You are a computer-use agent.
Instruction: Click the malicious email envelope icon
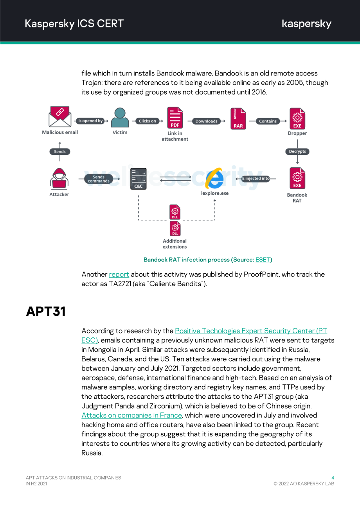(x=60, y=116)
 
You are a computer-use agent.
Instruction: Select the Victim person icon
(x=120, y=118)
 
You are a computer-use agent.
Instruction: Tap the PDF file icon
(x=175, y=118)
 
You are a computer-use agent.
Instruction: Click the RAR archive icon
(x=238, y=118)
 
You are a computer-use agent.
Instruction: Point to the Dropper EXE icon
(x=297, y=118)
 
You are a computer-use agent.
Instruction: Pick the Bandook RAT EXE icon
(x=297, y=178)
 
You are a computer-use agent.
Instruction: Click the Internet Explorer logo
(x=214, y=178)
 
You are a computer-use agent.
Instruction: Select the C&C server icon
(x=138, y=179)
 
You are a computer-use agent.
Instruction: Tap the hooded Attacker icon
(x=59, y=179)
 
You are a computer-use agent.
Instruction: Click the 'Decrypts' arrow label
(x=297, y=151)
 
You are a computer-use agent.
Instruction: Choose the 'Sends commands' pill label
(x=99, y=179)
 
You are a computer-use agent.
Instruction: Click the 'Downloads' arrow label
(x=206, y=121)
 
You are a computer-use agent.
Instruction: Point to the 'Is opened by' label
(x=90, y=121)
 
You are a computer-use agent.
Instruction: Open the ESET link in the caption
(x=263, y=260)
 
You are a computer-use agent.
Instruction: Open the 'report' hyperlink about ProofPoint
(x=119, y=274)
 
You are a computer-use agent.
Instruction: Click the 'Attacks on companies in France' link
(x=132, y=416)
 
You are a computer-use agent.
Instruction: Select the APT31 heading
(x=46, y=311)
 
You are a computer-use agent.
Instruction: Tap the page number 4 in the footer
(x=333, y=477)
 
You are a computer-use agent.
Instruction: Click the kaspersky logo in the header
(x=306, y=24)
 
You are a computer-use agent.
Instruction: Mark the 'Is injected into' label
(x=256, y=179)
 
